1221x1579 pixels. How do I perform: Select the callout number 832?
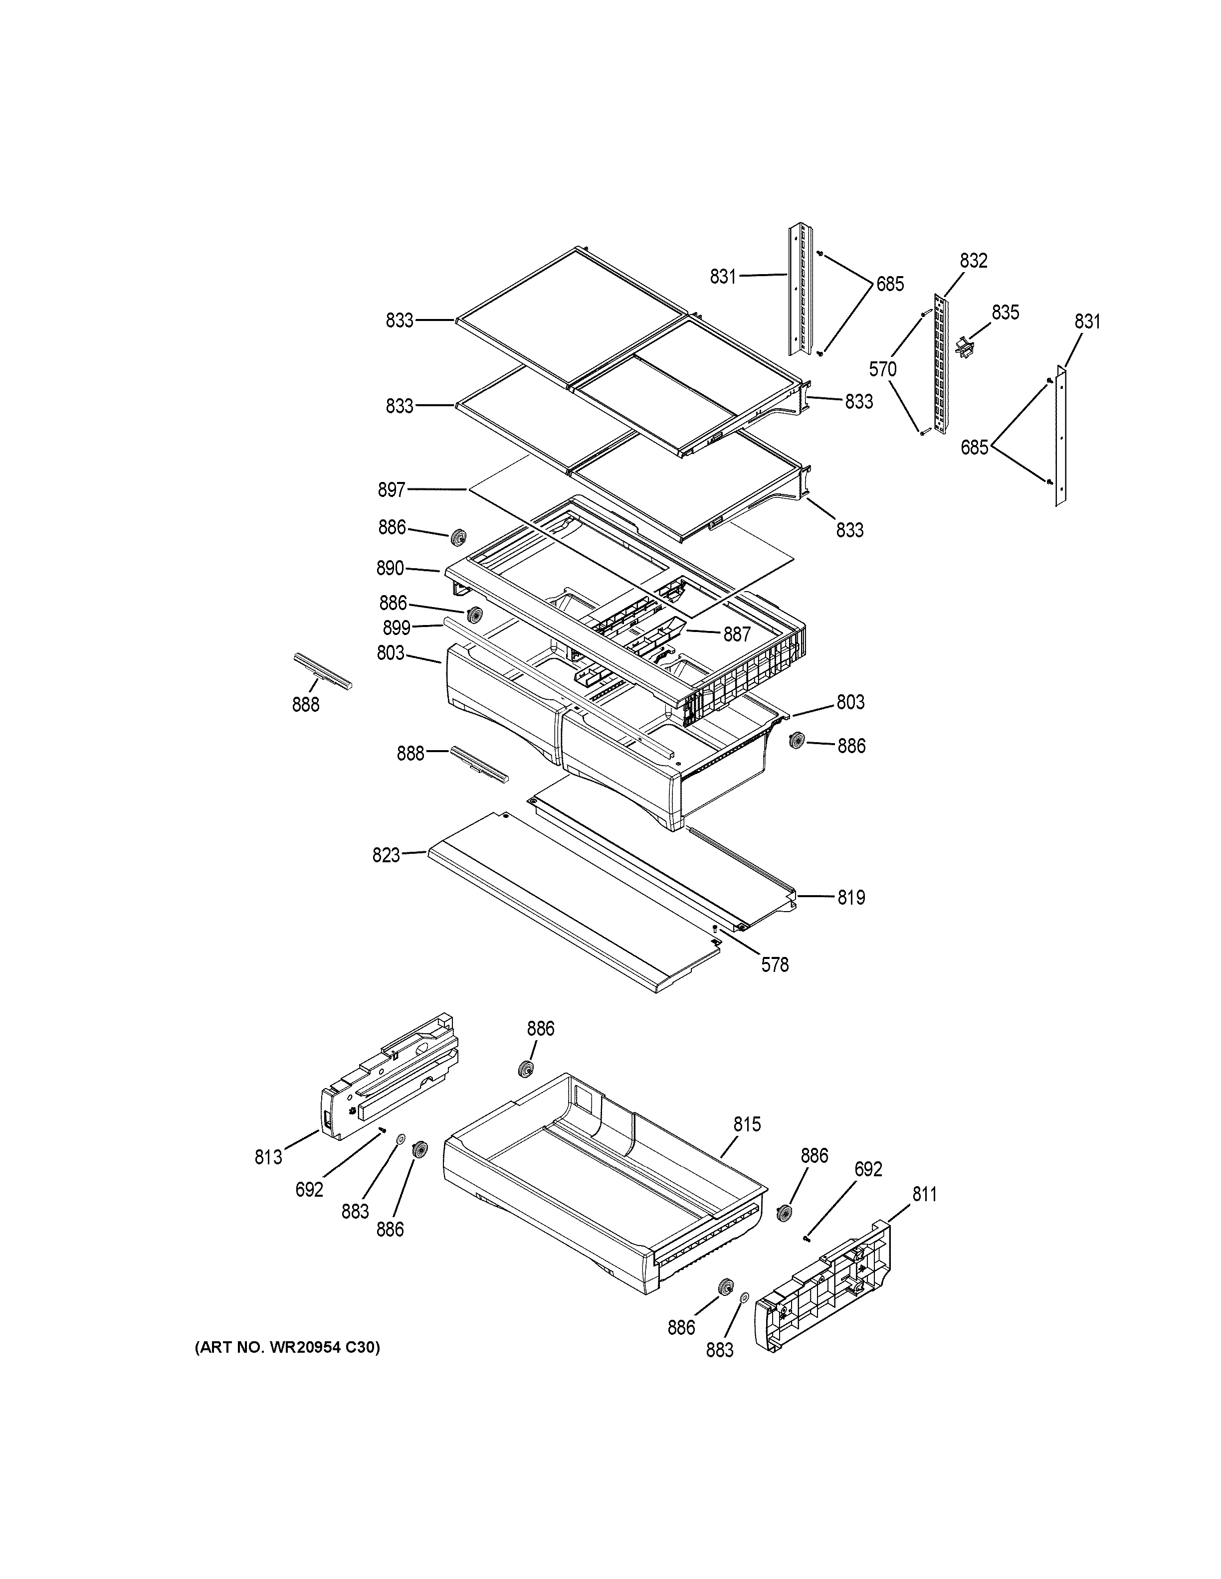[973, 261]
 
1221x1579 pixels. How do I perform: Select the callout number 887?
[737, 634]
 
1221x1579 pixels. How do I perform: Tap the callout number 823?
[386, 855]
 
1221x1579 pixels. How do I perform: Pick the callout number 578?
[775, 964]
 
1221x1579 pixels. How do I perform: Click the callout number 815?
[747, 1124]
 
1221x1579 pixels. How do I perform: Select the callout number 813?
[268, 1157]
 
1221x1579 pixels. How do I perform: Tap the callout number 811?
[924, 1195]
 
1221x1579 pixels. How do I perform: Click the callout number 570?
[882, 369]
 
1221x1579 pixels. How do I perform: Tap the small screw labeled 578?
[714, 928]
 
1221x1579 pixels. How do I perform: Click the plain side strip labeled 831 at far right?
[1061, 434]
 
